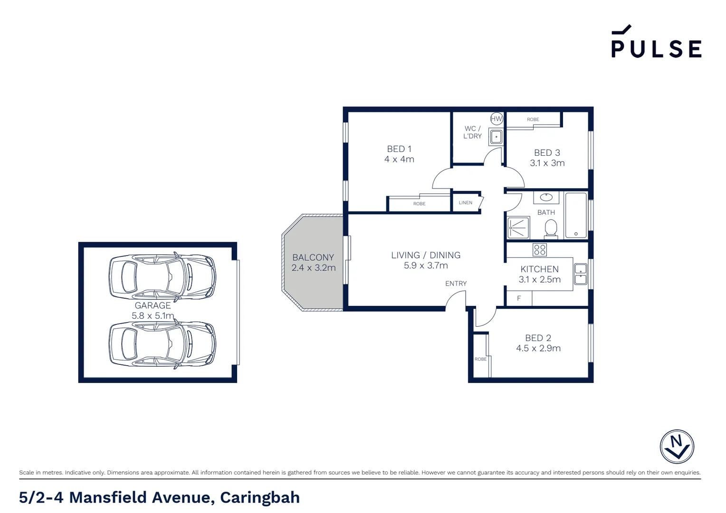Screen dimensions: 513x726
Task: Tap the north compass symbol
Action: [x=677, y=446]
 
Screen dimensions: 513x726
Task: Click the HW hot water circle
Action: [x=496, y=119]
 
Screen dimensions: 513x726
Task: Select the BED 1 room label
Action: [x=399, y=149]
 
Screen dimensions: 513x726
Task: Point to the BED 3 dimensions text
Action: [x=547, y=163]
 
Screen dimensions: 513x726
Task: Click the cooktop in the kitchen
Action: [x=539, y=249]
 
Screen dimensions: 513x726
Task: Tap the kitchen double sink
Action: [x=580, y=274]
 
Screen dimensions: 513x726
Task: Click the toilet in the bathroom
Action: [x=551, y=228]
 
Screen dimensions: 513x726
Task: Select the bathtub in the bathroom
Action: [x=576, y=215]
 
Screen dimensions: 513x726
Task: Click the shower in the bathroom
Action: [x=518, y=228]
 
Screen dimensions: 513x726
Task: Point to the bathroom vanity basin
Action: [x=546, y=197]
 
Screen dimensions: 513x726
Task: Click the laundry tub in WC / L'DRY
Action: [x=496, y=137]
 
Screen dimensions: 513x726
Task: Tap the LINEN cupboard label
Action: [x=465, y=203]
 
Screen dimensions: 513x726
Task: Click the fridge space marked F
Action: [x=519, y=298]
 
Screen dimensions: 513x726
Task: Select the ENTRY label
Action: [x=456, y=284]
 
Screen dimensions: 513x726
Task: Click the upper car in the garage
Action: [x=162, y=276]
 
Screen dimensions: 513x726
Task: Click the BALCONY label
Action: [x=313, y=257]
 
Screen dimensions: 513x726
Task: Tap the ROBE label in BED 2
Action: [x=480, y=359]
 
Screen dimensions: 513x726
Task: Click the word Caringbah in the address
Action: [x=260, y=497]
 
